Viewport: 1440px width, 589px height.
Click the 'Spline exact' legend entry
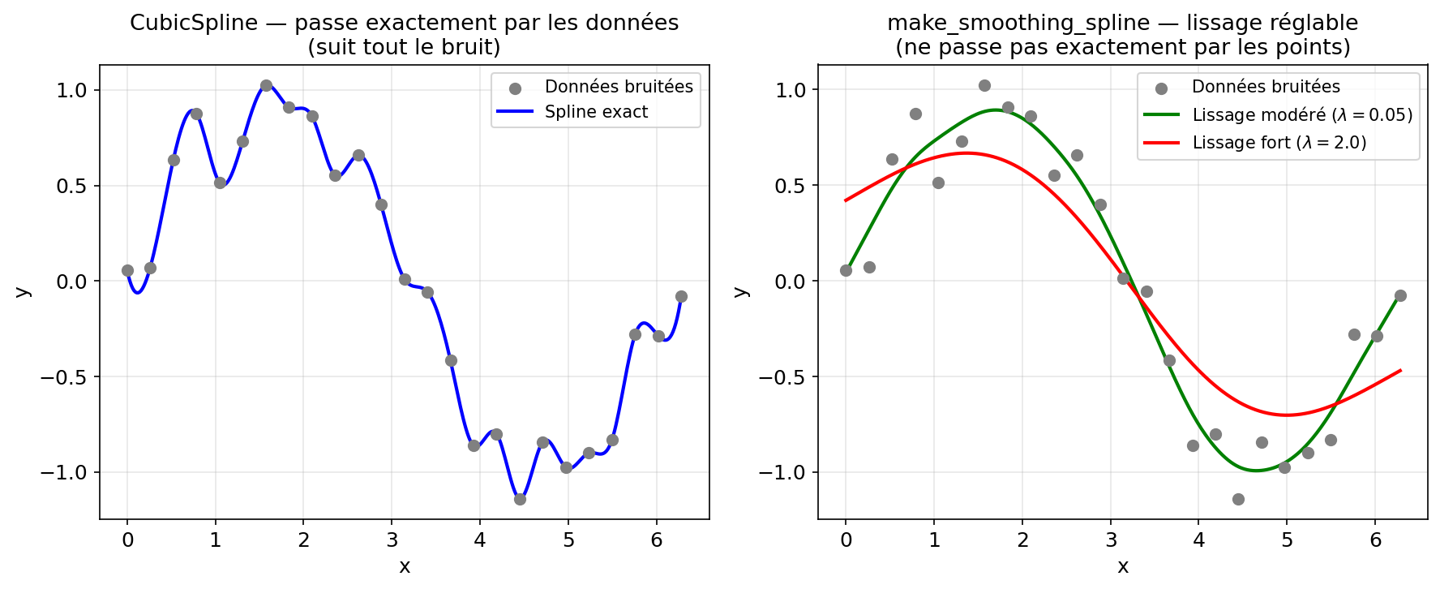pyautogui.click(x=596, y=112)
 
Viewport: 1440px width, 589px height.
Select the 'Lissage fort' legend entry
pyautogui.click(x=1279, y=143)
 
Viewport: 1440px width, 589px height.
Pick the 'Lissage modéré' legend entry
pyautogui.click(x=1301, y=115)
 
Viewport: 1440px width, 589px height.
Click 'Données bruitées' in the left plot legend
pyautogui.click(x=618, y=87)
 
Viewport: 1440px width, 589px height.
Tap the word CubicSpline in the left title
pyautogui.click(x=194, y=23)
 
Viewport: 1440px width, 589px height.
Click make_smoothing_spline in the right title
pyautogui.click(x=1018, y=23)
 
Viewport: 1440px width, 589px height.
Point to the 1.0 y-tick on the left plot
pyautogui.click(x=71, y=90)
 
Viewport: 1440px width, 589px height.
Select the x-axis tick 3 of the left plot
pyautogui.click(x=392, y=540)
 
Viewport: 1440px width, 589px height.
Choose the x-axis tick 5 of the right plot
pyautogui.click(x=1288, y=540)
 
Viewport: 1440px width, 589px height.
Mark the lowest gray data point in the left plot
pyautogui.click(x=520, y=499)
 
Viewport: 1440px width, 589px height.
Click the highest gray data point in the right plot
pyautogui.click(x=984, y=85)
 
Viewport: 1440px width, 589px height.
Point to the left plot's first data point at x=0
pyautogui.click(x=127, y=270)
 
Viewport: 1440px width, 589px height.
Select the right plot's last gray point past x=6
pyautogui.click(x=1400, y=295)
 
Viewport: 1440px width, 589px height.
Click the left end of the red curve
pyautogui.click(x=846, y=200)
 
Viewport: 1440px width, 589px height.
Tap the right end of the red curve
pyautogui.click(x=1400, y=371)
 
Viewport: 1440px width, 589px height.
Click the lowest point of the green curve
pyautogui.click(x=1256, y=471)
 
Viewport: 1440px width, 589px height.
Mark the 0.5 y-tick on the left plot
pyautogui.click(x=71, y=186)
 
